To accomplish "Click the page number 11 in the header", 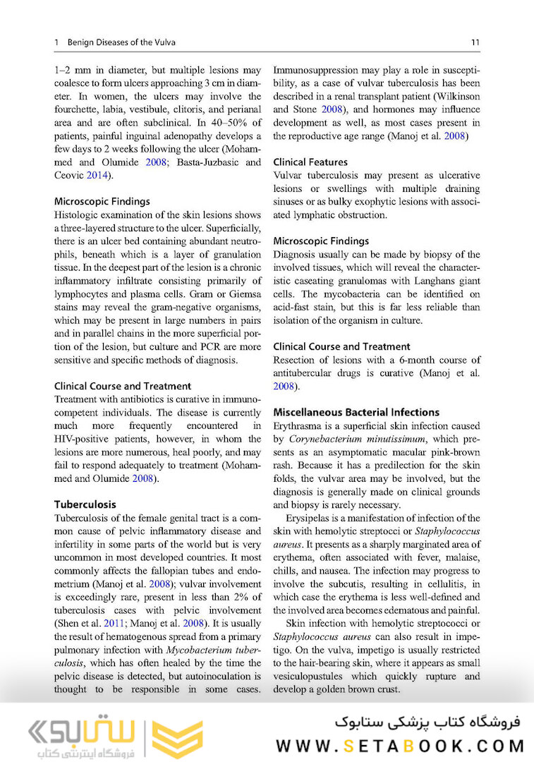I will click(x=475, y=42).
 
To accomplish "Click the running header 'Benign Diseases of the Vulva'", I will click(x=121, y=42).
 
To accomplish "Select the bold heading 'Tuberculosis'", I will click(x=85, y=504).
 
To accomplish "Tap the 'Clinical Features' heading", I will click(x=310, y=162).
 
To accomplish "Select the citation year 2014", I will click(x=97, y=175).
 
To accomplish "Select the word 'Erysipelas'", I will click(x=310, y=518).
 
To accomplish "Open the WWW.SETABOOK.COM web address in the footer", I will click(x=401, y=746).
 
